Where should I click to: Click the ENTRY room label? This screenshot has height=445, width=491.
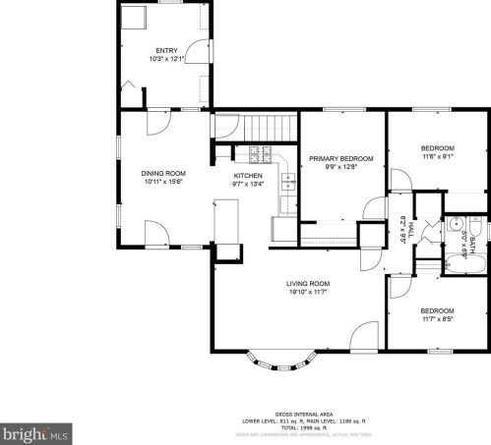pos(165,50)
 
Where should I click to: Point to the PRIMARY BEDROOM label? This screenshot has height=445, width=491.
pos(340,158)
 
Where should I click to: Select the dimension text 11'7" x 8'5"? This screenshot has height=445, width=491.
pos(438,318)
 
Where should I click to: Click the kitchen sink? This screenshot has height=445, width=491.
pos(288,181)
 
